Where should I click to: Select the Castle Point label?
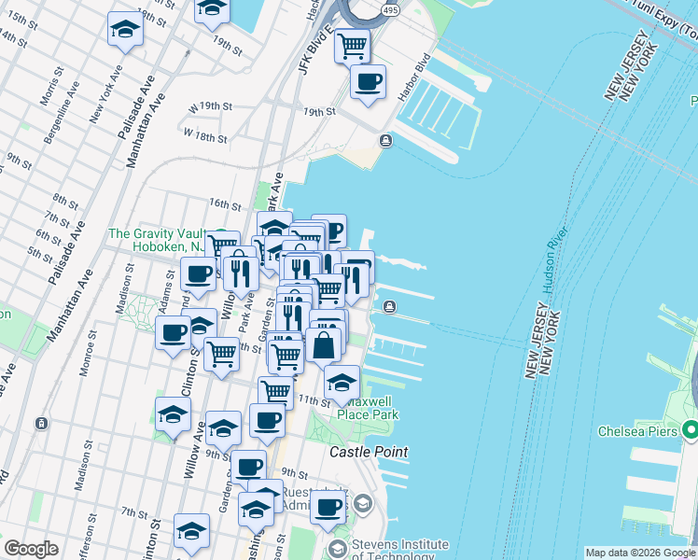(369, 452)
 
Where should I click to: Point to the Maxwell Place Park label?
(368, 408)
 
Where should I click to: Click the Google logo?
(31, 549)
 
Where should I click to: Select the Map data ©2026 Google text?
(639, 553)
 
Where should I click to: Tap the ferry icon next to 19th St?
(384, 140)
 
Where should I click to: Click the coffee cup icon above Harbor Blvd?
(368, 81)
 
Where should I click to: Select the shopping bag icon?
(324, 344)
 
